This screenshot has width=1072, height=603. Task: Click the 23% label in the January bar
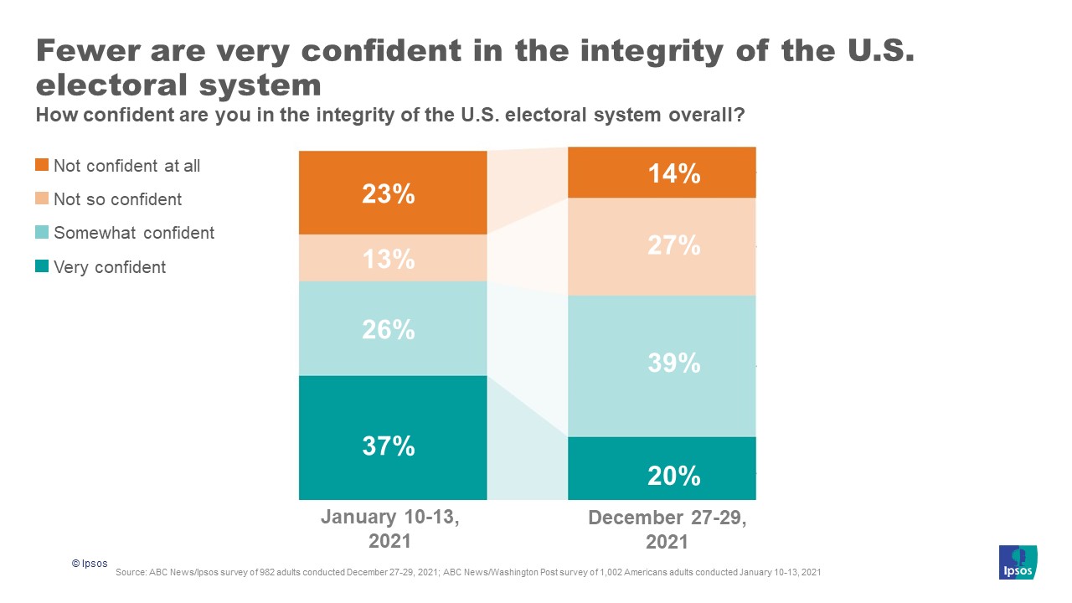[389, 194]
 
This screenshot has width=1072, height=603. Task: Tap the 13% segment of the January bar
[389, 260]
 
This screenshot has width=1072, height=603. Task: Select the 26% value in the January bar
[389, 330]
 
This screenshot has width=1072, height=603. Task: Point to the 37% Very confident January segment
[389, 446]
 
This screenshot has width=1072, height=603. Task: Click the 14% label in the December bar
[673, 174]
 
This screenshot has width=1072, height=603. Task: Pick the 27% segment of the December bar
[673, 246]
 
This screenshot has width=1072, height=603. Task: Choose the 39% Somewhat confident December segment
[673, 363]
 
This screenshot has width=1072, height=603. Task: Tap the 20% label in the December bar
[673, 476]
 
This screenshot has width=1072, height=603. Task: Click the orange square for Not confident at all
[42, 165]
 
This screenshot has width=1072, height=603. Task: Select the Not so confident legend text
[117, 199]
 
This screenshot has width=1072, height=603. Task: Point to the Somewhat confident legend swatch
[42, 232]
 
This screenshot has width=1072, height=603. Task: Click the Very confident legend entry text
[110, 267]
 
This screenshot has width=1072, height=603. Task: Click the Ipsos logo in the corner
[1018, 562]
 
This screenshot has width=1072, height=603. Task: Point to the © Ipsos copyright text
[90, 564]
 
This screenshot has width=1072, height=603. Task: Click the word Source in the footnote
[131, 572]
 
